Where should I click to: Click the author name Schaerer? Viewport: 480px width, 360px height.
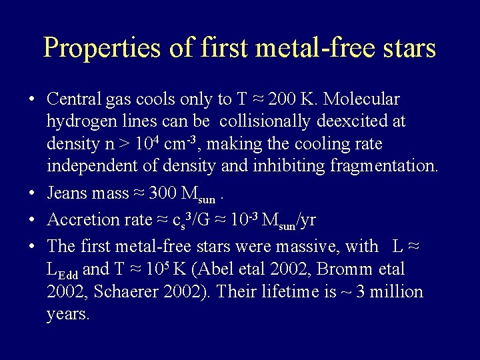132,291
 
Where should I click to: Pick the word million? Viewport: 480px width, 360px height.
396,291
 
